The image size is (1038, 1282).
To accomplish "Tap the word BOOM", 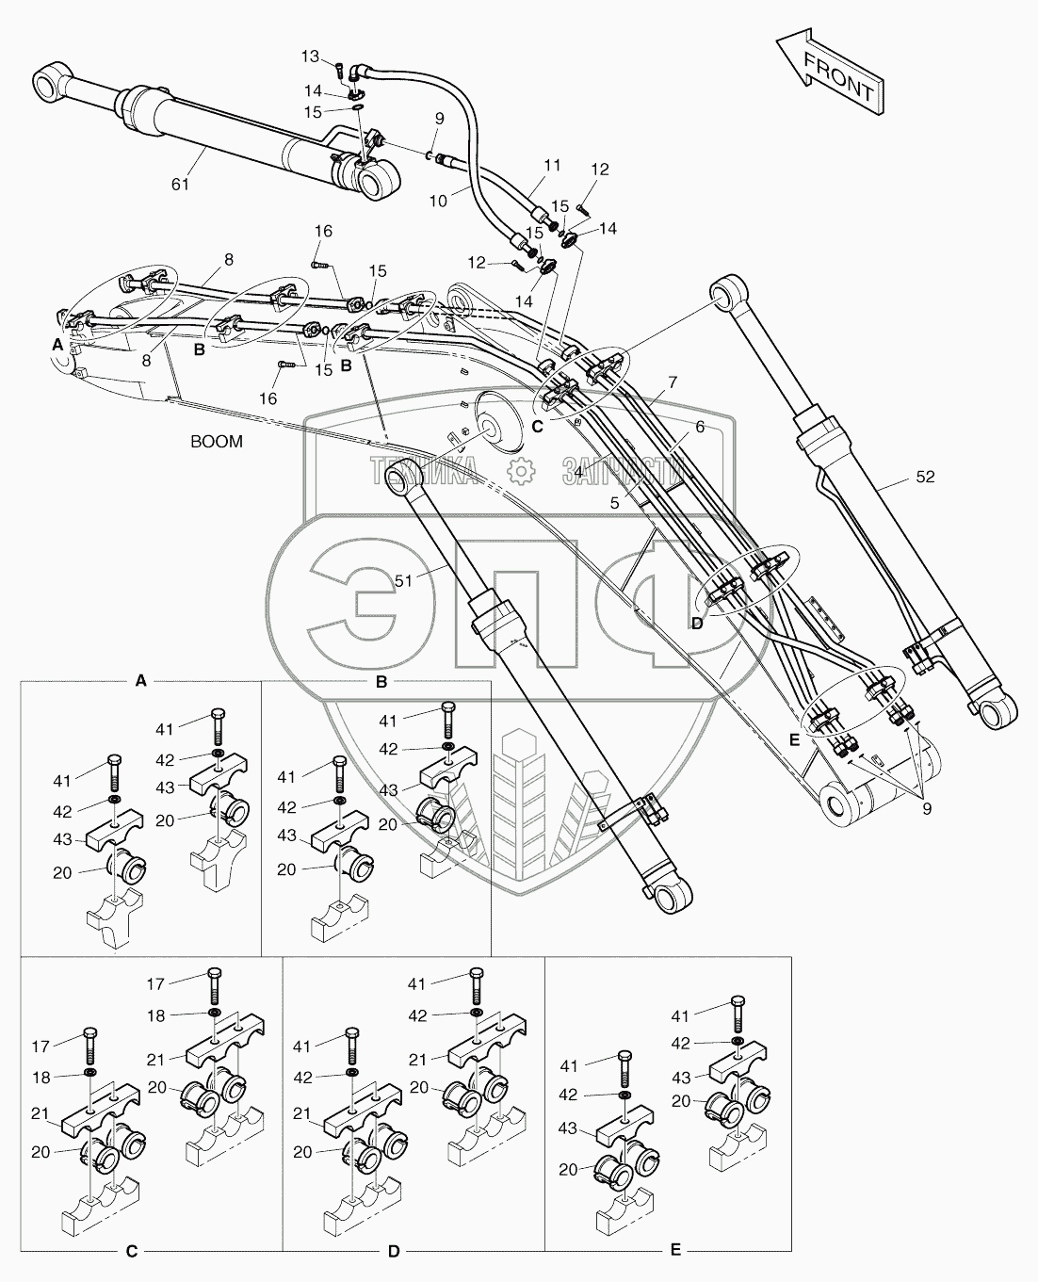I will (217, 441).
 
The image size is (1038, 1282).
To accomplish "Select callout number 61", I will (180, 184).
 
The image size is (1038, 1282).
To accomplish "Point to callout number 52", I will (924, 478).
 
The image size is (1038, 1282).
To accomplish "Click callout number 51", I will (404, 581).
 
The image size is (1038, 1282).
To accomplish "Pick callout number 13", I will (311, 57).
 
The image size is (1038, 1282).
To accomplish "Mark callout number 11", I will (552, 166).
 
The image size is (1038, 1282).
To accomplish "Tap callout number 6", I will (700, 427).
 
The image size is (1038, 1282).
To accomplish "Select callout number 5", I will (614, 503).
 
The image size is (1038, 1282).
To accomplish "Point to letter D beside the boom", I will (697, 623).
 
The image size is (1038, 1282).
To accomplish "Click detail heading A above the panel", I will (140, 680).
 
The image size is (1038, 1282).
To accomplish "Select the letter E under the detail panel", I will (675, 1250).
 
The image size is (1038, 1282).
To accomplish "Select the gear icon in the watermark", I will (519, 470).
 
